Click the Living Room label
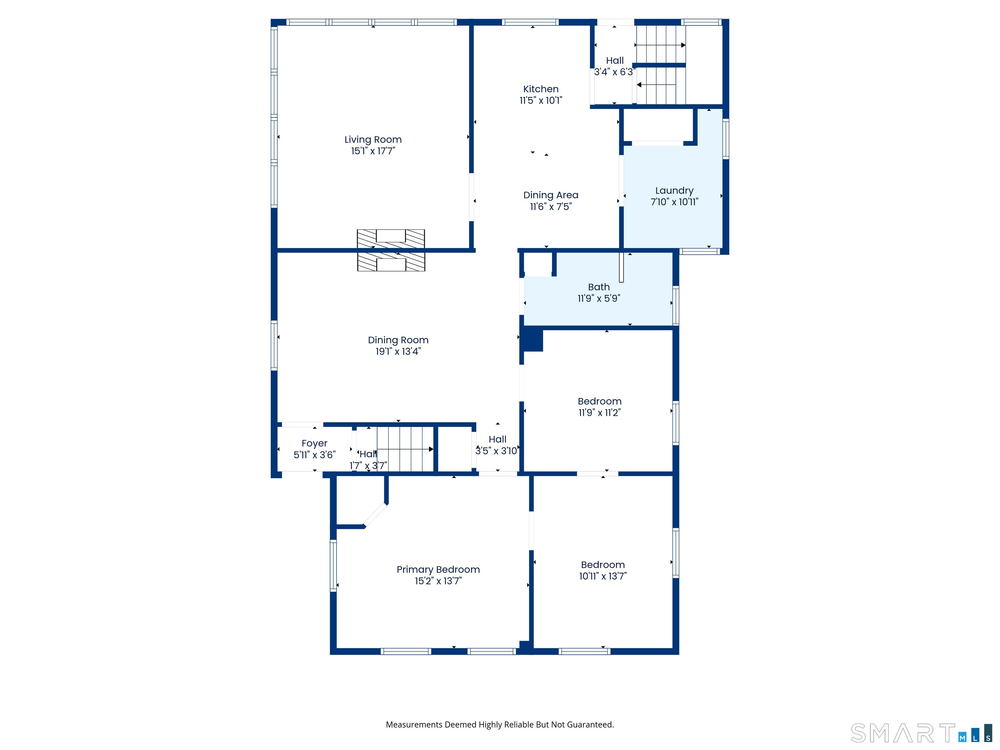[x=373, y=140]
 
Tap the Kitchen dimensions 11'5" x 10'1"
[x=541, y=100]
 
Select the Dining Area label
[x=551, y=195]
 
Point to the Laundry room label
[x=674, y=191]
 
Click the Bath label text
[x=599, y=287]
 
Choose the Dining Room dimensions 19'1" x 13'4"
[x=398, y=351]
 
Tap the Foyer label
[x=314, y=443]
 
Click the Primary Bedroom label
[x=438, y=570]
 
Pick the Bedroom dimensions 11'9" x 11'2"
[x=600, y=412]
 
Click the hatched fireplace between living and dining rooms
[x=391, y=250]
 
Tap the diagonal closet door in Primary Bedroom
[x=375, y=515]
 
